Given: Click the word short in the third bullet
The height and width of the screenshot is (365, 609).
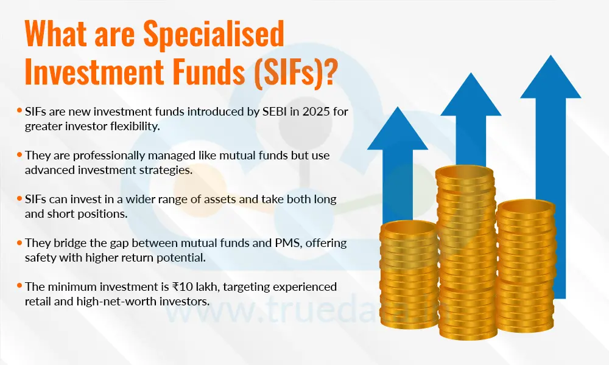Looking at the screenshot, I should point(57,214).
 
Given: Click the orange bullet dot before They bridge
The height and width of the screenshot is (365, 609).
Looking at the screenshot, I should point(20,242).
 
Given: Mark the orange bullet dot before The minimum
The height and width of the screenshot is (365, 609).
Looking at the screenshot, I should point(20,285).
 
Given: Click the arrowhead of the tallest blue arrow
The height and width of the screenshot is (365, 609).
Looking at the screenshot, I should point(551,76).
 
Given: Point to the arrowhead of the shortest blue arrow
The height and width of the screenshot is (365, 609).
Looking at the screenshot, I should point(398,127).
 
